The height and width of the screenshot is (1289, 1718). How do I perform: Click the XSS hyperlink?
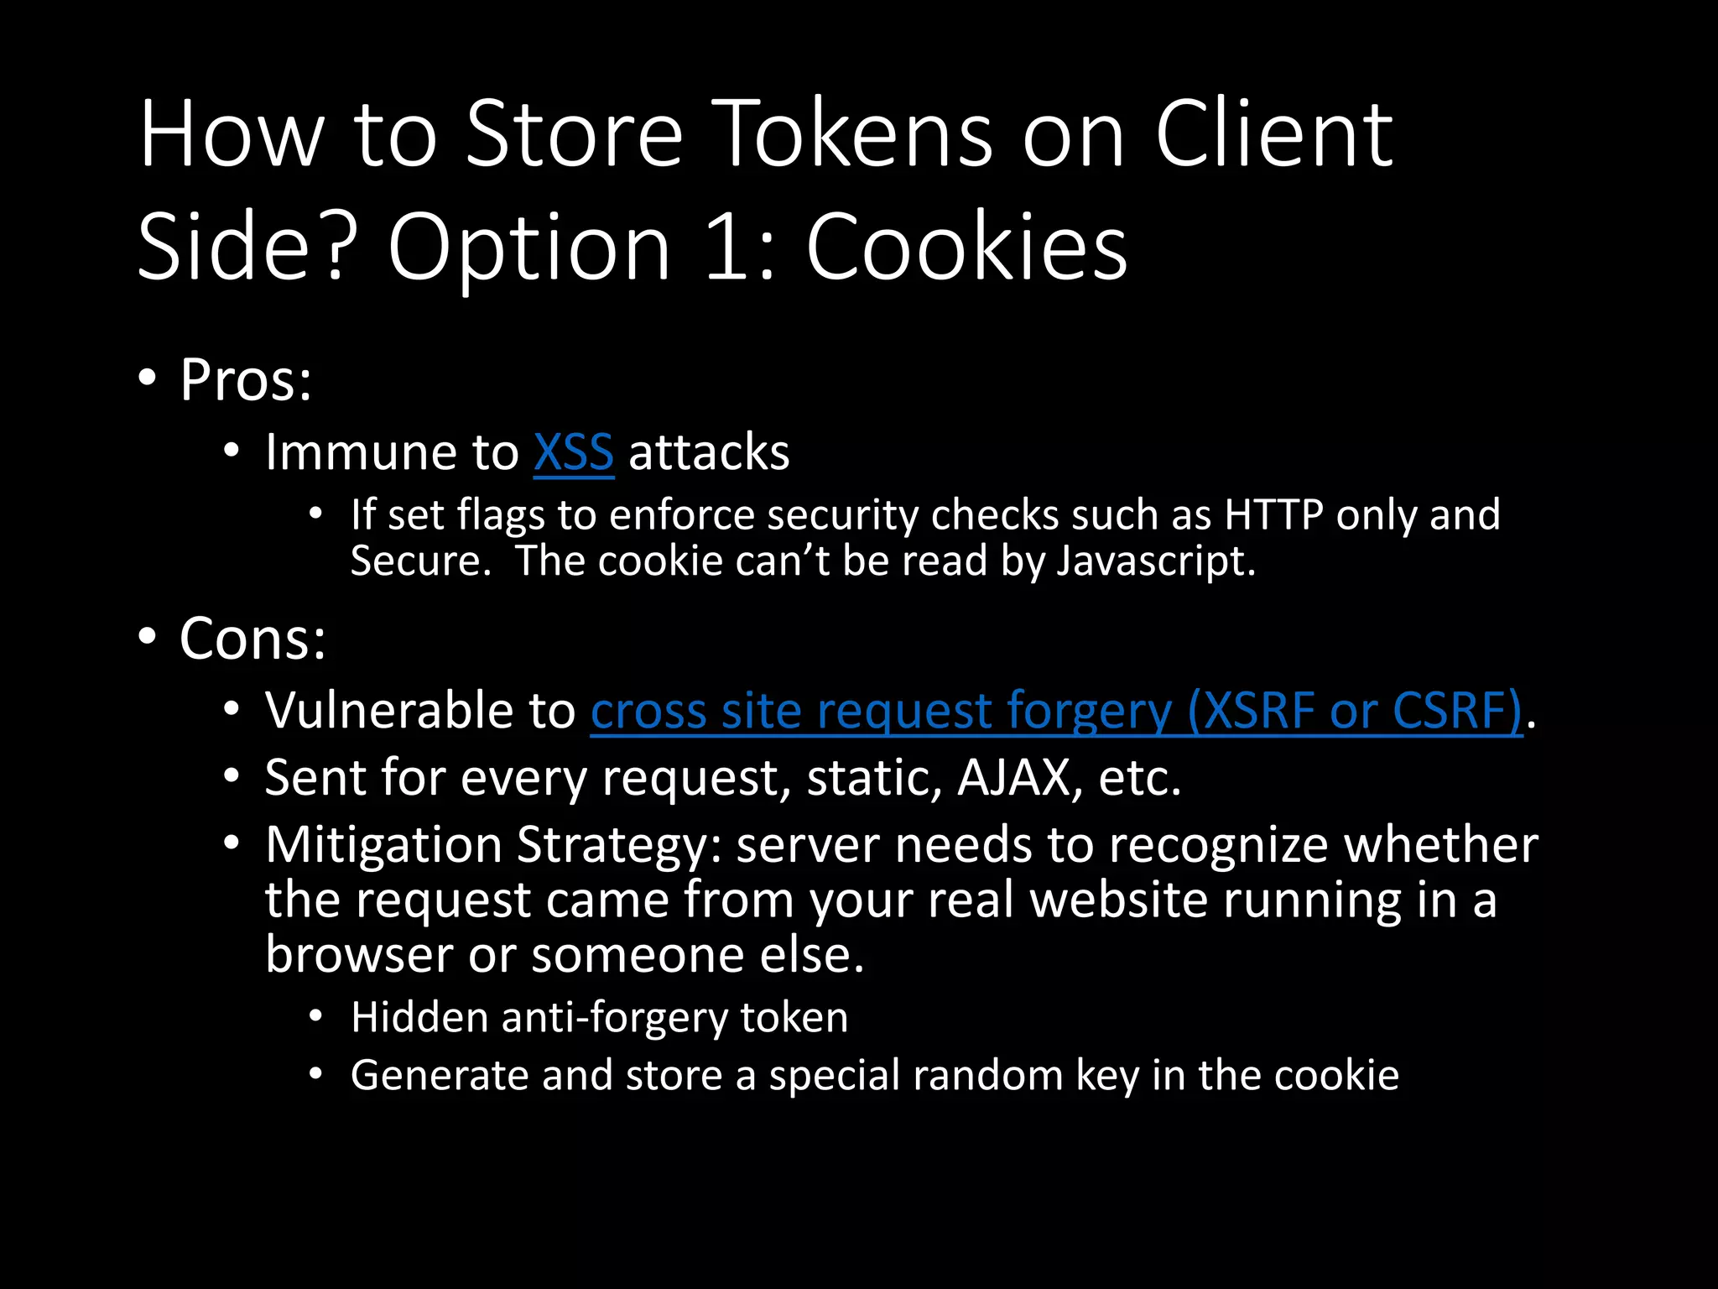tap(574, 453)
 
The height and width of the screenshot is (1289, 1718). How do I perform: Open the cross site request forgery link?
tap(1056, 711)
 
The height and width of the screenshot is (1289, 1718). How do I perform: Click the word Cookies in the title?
tap(966, 247)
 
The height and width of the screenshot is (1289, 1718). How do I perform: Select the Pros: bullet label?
tap(246, 380)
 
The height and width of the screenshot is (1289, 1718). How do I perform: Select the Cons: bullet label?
tap(252, 639)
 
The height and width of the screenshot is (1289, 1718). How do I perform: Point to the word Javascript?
tap(1155, 561)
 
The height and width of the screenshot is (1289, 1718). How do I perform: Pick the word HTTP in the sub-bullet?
tap(1273, 514)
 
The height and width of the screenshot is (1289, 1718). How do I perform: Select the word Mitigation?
tap(383, 844)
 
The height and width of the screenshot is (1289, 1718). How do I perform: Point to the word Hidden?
tap(419, 1017)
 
